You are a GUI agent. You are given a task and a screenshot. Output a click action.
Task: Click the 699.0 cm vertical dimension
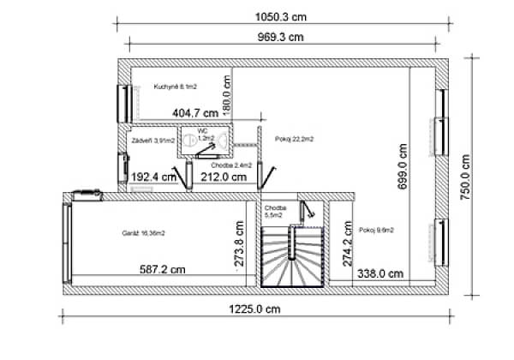tap(403, 167)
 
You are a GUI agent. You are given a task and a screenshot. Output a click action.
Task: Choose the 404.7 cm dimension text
tap(195, 112)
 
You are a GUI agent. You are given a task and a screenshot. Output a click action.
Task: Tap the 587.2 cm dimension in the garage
tap(163, 269)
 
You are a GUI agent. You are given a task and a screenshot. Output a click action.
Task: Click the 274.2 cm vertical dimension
tap(346, 247)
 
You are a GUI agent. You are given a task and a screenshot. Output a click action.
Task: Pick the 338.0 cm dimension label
tap(380, 274)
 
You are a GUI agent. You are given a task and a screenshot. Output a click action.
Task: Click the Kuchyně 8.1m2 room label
tap(176, 87)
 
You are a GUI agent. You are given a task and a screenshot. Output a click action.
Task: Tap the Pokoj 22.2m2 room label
tap(294, 138)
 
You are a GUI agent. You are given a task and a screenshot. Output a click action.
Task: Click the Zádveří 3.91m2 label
tap(152, 139)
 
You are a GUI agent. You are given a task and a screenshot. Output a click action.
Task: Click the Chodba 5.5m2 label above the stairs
tap(275, 212)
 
